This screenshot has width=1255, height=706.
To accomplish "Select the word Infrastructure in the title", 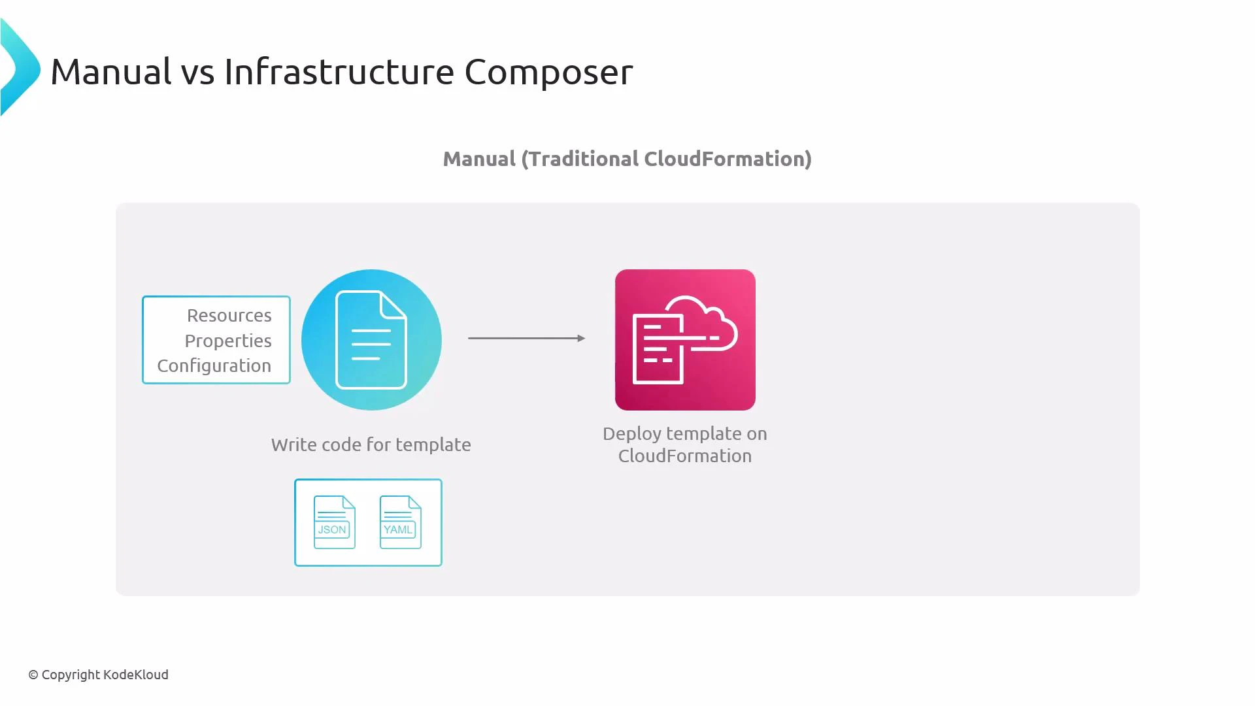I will (x=339, y=71).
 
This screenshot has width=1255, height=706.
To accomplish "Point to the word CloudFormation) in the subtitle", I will (x=728, y=159).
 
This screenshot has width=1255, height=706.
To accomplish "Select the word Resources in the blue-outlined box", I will (x=229, y=316).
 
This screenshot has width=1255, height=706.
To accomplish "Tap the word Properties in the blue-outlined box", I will (x=227, y=341).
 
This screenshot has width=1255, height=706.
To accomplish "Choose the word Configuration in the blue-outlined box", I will (x=214, y=366).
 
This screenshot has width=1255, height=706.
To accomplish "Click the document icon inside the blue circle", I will (x=371, y=340).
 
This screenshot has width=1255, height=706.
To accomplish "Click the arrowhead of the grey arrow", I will (x=581, y=338).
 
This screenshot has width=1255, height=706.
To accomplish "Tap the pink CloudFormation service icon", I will (x=684, y=340).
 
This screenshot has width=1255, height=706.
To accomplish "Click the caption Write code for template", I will (x=371, y=445).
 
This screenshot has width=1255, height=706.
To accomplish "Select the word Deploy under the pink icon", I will (x=631, y=434).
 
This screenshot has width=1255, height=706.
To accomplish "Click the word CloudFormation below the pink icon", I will (x=684, y=456).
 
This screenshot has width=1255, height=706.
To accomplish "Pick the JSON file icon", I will (x=334, y=522).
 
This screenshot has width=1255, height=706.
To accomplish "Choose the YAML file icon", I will (x=400, y=522).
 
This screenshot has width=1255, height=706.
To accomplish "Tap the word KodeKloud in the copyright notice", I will (x=136, y=675).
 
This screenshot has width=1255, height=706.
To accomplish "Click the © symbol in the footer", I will (x=33, y=675).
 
